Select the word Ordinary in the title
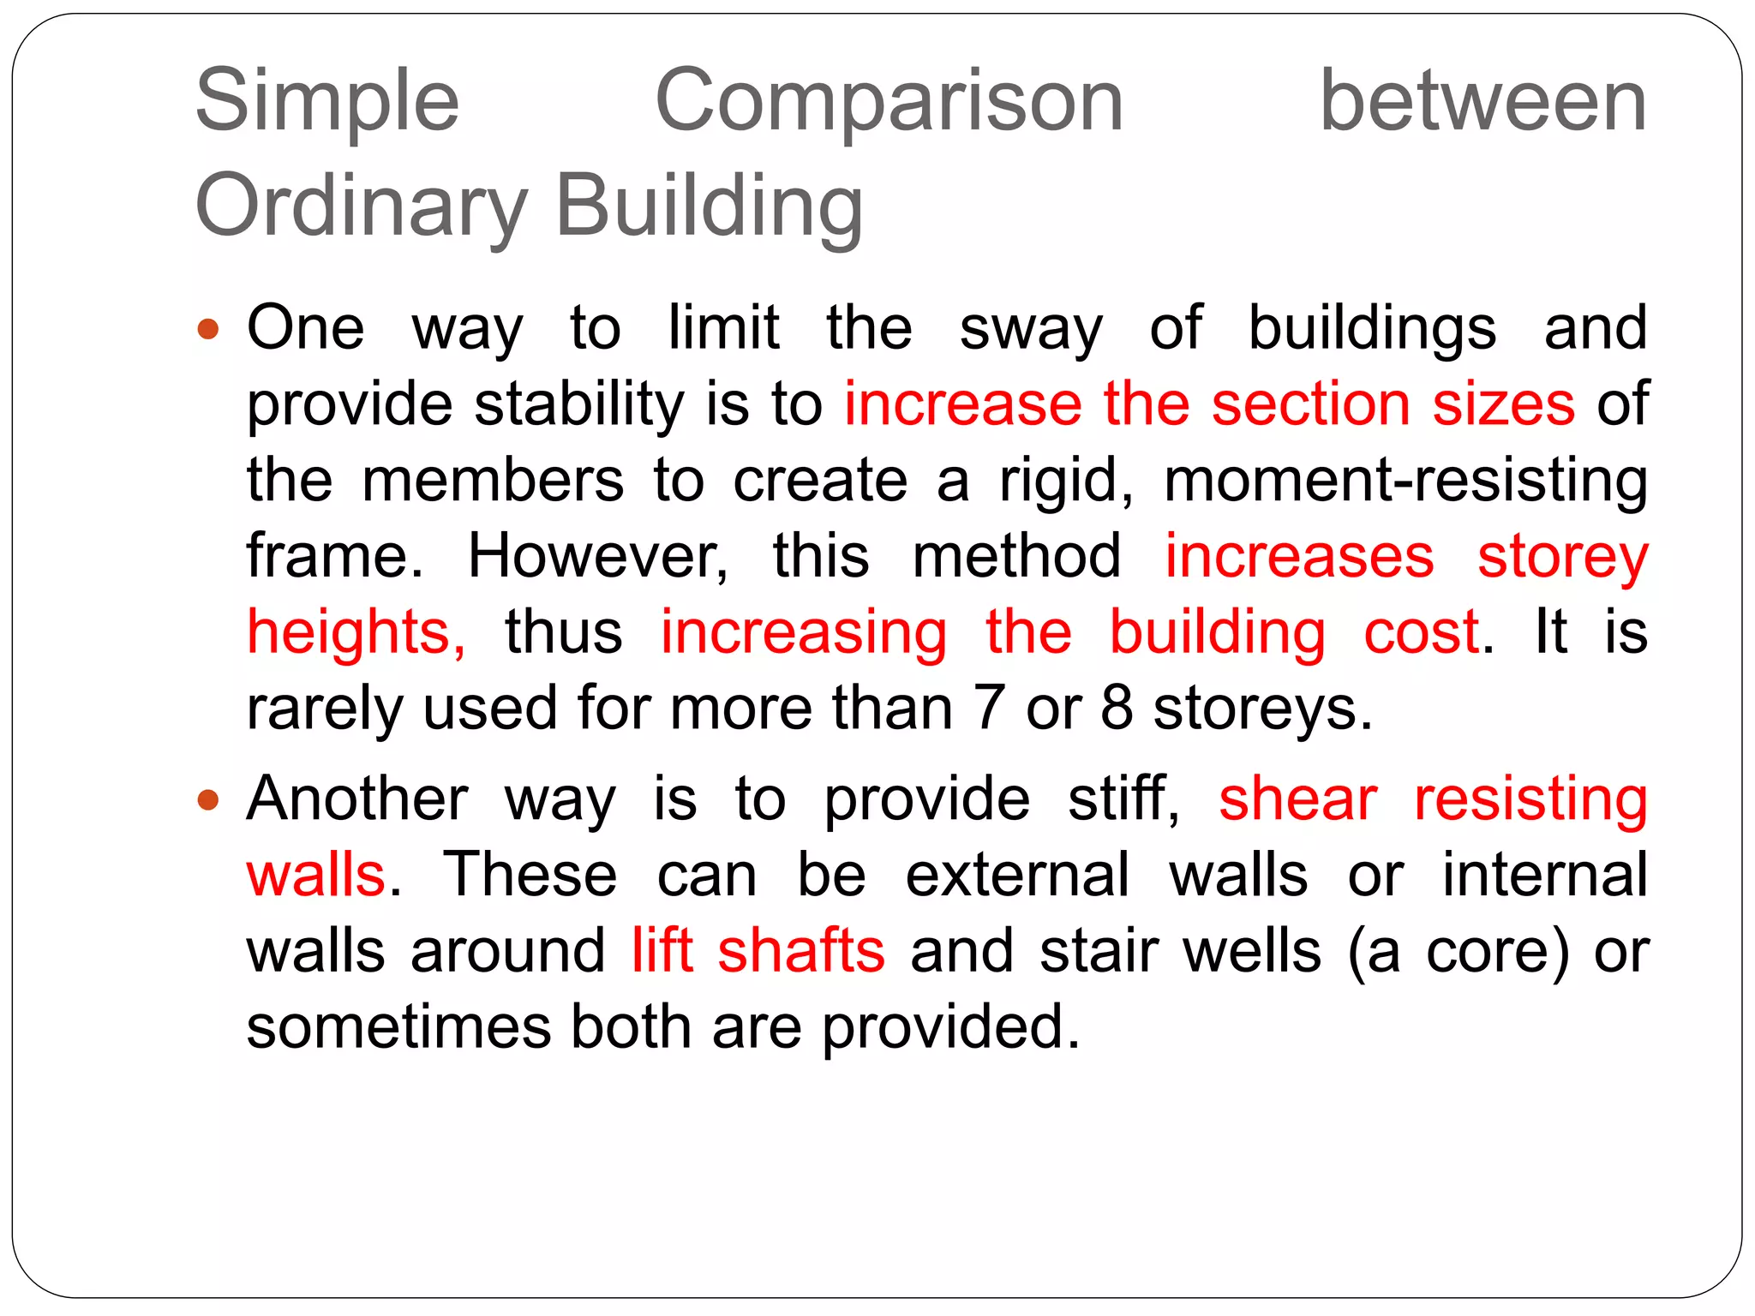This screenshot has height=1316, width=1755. coord(361,208)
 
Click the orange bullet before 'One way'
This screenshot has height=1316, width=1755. coord(208,329)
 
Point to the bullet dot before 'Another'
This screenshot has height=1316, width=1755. coord(208,801)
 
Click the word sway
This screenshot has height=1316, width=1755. coord(1031,330)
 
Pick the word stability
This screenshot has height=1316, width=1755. coord(578,404)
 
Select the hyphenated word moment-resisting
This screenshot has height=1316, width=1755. coord(1405,480)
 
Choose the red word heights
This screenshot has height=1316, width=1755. coord(356,632)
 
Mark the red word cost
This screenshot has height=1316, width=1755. coord(1421,631)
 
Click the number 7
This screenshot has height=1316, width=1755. coord(989,708)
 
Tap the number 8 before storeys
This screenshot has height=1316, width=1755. coord(1117,708)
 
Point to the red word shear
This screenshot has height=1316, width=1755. coord(1297,799)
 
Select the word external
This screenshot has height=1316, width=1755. coord(1017,875)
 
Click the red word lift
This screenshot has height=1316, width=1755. coord(662,950)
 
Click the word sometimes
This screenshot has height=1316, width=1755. coord(398,1026)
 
